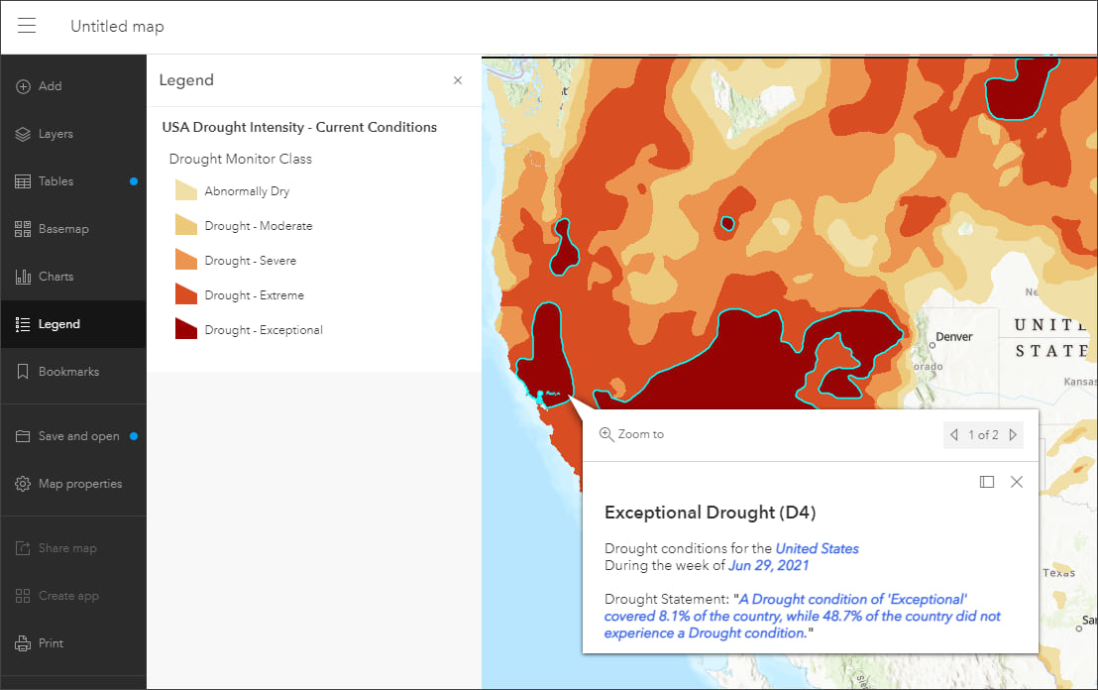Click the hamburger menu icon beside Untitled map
27,26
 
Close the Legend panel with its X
458,80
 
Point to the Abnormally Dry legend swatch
186,190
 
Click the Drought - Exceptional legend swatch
186,329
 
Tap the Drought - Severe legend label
250,261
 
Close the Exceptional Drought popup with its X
1016,482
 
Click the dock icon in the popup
986,482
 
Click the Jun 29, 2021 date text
768,565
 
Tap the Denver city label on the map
953,337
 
